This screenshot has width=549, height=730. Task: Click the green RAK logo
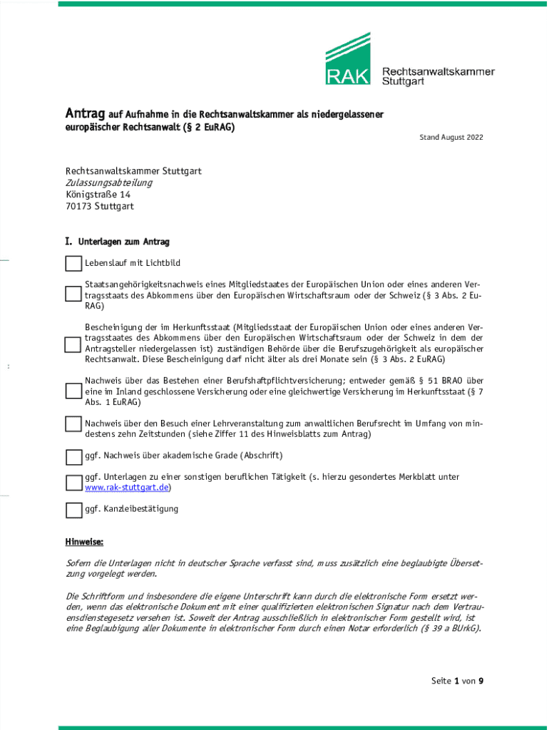tap(348, 59)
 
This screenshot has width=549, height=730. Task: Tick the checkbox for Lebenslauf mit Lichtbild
tap(73, 264)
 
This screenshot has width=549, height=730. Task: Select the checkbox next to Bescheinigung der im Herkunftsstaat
tap(73, 344)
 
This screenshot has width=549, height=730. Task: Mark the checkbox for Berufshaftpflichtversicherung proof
tap(73, 391)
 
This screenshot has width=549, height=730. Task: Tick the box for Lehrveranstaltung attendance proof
tap(73, 425)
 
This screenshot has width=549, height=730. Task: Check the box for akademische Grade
tap(73, 456)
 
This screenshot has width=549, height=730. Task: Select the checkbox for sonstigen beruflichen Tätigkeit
tap(73, 483)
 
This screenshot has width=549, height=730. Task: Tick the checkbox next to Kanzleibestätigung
tap(73, 510)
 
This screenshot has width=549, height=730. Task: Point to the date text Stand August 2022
tap(451, 137)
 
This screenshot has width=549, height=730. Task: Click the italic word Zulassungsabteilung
tap(109, 183)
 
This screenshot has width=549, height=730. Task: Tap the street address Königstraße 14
tap(98, 195)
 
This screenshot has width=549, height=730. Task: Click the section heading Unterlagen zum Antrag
tap(123, 242)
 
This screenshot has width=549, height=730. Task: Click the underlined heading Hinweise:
tap(85, 542)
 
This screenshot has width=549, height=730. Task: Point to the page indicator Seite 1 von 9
tap(457, 682)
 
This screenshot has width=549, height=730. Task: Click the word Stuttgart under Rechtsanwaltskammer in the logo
tap(404, 81)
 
